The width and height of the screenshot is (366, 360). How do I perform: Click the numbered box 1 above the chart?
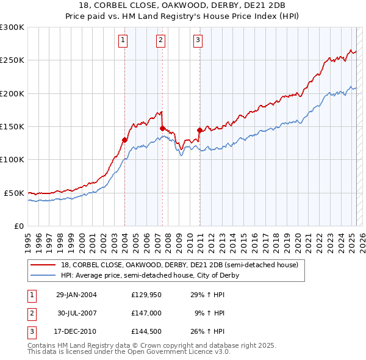[x=123, y=41]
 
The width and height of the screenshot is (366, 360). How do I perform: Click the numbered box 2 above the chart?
[x=160, y=41]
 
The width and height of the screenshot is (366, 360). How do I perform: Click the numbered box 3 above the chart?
[x=198, y=41]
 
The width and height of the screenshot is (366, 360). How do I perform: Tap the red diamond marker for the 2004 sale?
[x=124, y=140]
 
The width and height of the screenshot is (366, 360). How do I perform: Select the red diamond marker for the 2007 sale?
[x=162, y=128]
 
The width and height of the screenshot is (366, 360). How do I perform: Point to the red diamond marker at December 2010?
[x=199, y=130]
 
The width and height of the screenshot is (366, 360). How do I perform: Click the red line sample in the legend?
[x=43, y=265]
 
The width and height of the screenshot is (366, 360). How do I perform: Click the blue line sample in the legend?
[x=43, y=275]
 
